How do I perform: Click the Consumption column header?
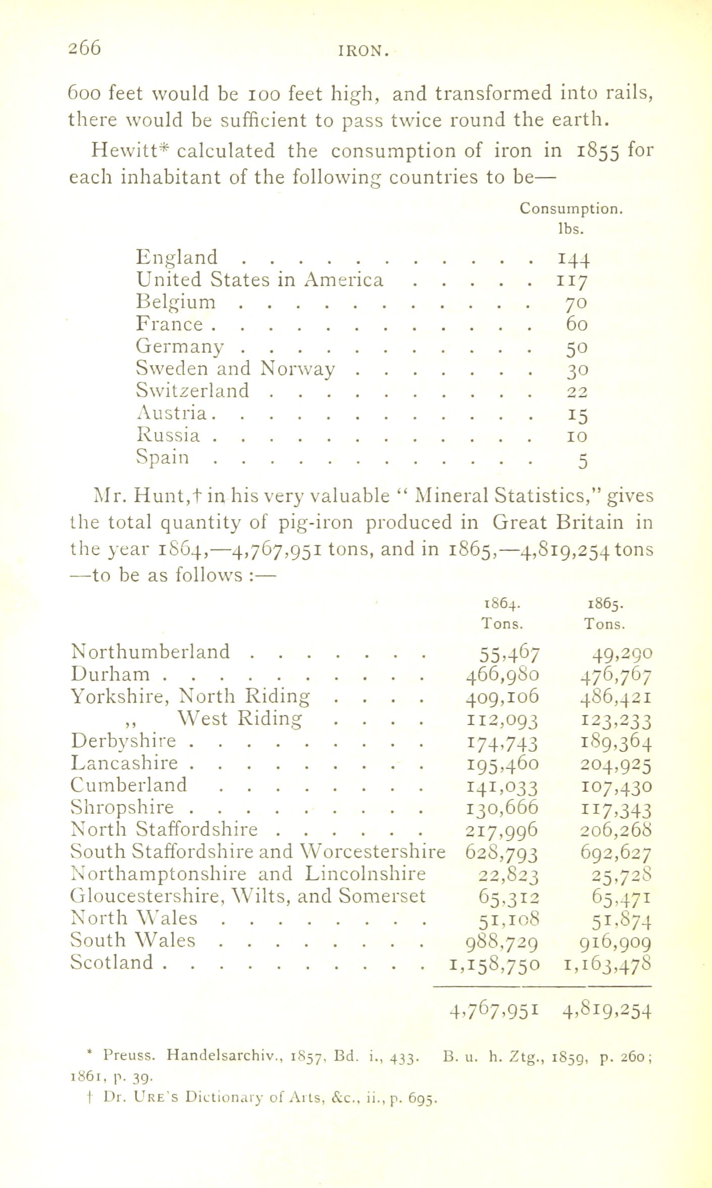tap(571, 209)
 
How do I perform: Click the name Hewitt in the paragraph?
tap(129, 151)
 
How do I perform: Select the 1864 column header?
tap(501, 604)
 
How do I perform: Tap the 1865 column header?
tap(605, 604)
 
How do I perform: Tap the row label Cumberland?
tap(129, 785)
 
